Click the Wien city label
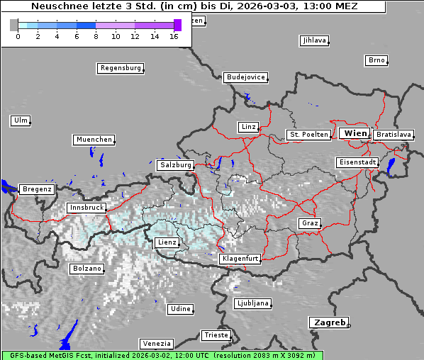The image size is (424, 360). click(355, 133)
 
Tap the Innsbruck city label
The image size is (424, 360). click(86, 208)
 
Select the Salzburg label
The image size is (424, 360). click(175, 164)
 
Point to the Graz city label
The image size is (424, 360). click(309, 223)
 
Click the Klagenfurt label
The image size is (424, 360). click(240, 259)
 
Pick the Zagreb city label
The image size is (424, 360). click(328, 322)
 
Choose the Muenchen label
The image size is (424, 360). click(94, 140)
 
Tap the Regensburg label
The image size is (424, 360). click(120, 68)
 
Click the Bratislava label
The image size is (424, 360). click(394, 134)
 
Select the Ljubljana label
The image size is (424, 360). click(252, 303)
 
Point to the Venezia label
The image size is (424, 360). click(155, 344)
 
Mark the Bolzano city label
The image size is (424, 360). click(87, 269)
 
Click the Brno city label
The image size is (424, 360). click(376, 60)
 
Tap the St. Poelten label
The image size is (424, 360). click(308, 134)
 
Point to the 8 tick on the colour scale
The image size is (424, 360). click(96, 35)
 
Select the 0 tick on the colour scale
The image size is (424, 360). click(18, 35)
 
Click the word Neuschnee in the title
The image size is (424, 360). click(59, 6)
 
